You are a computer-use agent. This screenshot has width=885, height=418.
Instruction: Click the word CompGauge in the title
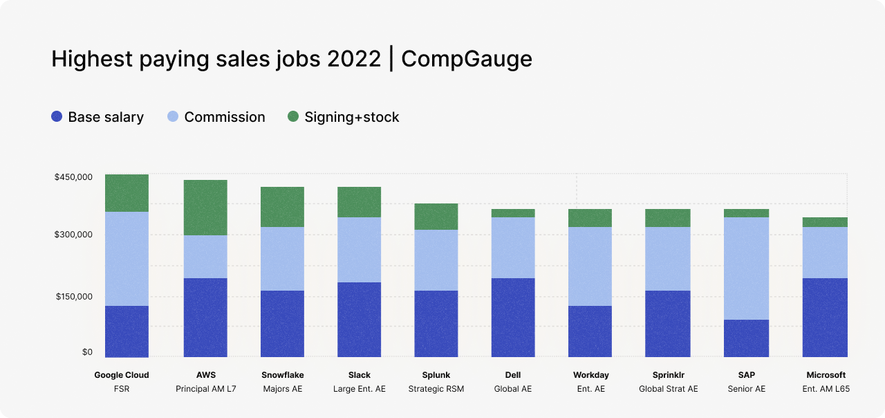point(467,59)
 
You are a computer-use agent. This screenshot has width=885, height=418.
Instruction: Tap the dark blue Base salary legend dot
point(57,117)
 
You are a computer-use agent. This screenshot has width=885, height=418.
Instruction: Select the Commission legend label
point(224,117)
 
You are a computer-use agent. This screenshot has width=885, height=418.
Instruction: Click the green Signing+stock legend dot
point(293,117)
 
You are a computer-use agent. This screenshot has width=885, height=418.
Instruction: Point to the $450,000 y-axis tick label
point(73,177)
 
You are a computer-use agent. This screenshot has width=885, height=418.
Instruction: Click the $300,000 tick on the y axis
point(73,235)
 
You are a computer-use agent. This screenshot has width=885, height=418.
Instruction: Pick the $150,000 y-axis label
point(73,297)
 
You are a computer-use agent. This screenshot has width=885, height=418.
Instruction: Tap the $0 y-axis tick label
point(87,352)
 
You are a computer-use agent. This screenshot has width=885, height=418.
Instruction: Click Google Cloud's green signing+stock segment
point(127,193)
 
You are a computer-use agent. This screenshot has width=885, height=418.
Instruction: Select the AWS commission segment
point(205,257)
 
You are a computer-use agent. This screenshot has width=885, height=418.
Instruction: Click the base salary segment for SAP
point(747,338)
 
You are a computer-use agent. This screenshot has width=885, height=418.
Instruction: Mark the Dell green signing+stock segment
point(513,213)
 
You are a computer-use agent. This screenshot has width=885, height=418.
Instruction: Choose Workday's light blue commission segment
point(590,266)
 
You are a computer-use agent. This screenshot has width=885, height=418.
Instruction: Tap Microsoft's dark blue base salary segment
point(825,318)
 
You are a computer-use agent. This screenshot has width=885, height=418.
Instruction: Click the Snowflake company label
point(282,375)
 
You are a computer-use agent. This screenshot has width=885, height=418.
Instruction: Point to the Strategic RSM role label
point(436,389)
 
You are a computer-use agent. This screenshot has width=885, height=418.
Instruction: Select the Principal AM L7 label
point(205,389)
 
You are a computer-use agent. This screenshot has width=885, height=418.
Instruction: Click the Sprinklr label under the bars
point(668,375)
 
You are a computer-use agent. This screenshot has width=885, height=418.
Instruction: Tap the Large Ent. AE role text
point(359,389)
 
